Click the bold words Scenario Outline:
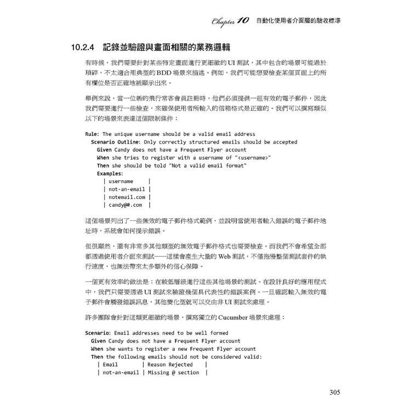click(x=116, y=141)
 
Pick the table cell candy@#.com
click(x=125, y=205)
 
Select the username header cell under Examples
click(x=121, y=181)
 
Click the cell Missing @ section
click(x=173, y=373)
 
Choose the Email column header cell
click(x=110, y=364)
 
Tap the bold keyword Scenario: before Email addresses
click(x=98, y=333)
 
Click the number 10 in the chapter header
click(x=244, y=20)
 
